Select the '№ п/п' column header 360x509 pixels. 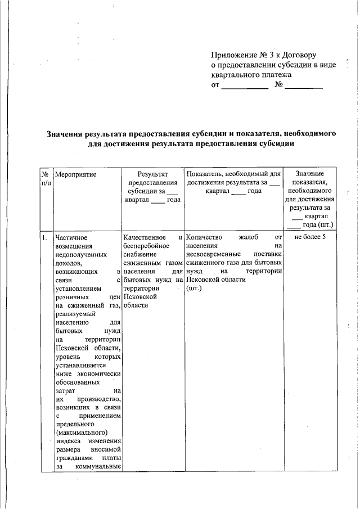[46, 179]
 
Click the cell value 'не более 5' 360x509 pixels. [309, 237]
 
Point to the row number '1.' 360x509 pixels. [44, 237]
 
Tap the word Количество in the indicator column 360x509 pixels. [204, 237]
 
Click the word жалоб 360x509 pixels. [248, 237]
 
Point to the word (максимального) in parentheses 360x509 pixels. [82, 432]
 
